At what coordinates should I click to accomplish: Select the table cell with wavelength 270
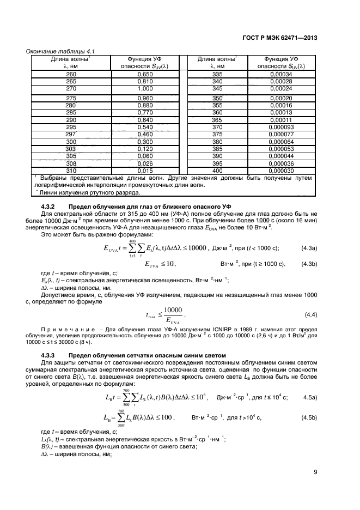(x=71, y=88)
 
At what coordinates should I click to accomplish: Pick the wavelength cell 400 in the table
(x=217, y=171)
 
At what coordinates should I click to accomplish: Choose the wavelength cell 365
(x=217, y=120)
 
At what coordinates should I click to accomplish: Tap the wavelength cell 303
(x=71, y=148)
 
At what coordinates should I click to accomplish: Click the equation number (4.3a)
(x=309, y=248)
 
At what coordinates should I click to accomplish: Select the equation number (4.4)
(x=310, y=315)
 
